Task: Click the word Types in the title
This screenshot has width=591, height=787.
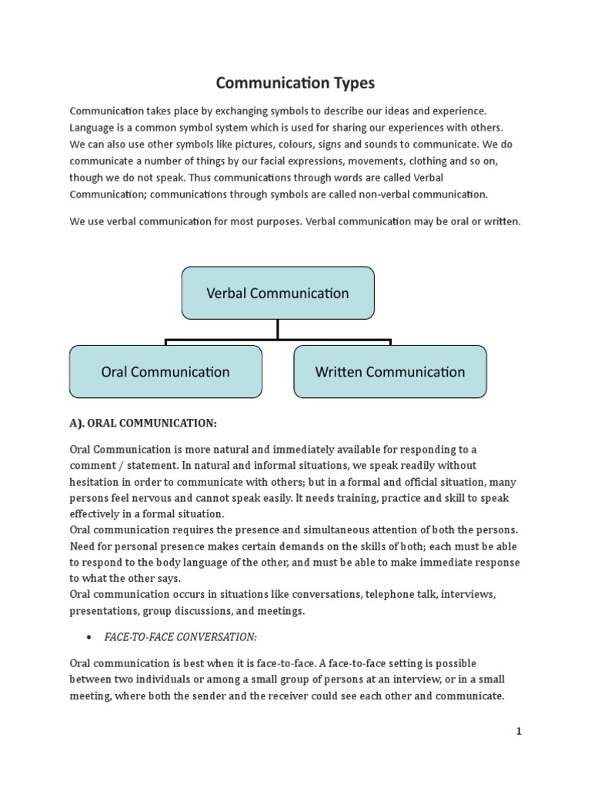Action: point(345,81)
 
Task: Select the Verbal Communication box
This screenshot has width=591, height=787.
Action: point(278,293)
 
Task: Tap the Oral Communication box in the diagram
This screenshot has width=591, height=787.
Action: point(165,372)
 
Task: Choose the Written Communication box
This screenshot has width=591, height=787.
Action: point(390,372)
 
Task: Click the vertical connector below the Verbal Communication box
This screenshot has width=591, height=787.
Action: point(278,329)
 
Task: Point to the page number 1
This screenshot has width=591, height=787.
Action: point(519,732)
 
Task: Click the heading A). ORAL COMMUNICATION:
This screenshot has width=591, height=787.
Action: point(143,423)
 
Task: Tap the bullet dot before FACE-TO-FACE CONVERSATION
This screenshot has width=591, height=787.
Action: point(91,638)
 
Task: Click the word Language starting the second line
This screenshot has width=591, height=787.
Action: point(93,126)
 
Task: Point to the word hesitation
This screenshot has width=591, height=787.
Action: point(98,481)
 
